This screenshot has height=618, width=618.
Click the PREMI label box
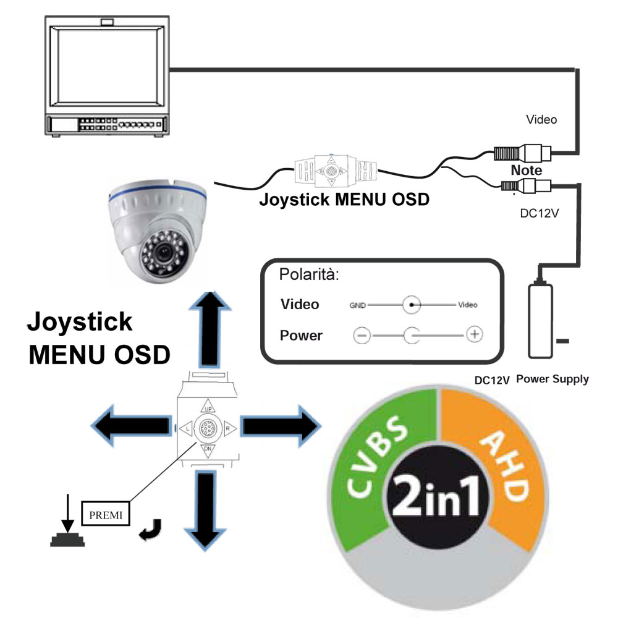pyautogui.click(x=106, y=513)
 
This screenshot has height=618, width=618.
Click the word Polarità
pyautogui.click(x=310, y=274)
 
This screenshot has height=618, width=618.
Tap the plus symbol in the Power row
pyautogui.click(x=473, y=334)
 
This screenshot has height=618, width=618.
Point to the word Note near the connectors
pyautogui.click(x=526, y=170)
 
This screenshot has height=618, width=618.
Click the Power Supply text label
pyautogui.click(x=552, y=379)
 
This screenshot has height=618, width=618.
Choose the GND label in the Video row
pyautogui.click(x=357, y=305)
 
